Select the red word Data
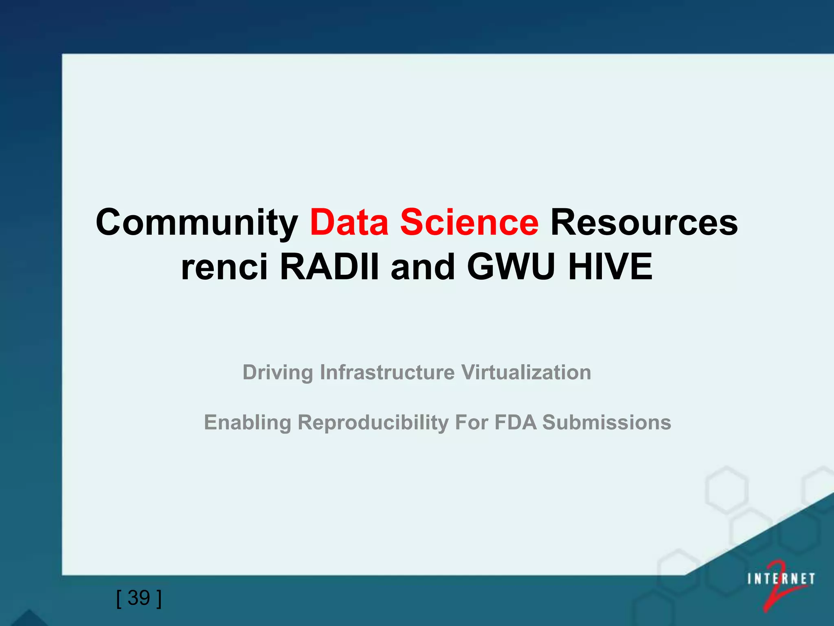[349, 222]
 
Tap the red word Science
[469, 222]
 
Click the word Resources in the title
[644, 222]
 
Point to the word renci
[224, 267]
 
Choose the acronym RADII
[329, 267]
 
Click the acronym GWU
[511, 267]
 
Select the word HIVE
[610, 267]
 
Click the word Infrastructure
[387, 373]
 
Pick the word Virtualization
[526, 373]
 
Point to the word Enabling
[247, 423]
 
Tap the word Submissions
[606, 422]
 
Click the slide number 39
[139, 598]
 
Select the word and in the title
[422, 267]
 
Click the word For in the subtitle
[471, 422]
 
